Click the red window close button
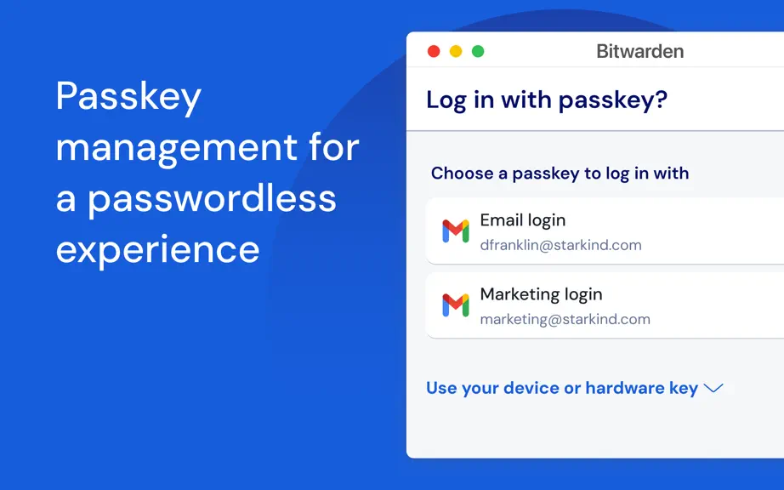coord(434,51)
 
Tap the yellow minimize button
coord(456,51)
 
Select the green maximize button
coord(478,51)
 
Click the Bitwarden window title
coord(640,51)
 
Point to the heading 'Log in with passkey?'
coord(547,100)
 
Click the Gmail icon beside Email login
coord(456,231)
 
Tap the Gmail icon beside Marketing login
coord(456,305)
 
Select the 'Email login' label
coord(522,220)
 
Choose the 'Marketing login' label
coord(541,294)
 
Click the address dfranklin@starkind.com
coord(560,245)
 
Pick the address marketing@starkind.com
coord(565,319)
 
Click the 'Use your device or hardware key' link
coord(562,388)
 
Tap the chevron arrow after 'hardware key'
coord(713,388)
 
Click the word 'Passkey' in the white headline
coord(128,97)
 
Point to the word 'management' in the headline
coord(177,149)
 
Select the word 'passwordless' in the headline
coord(212,200)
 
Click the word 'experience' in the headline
coord(157,251)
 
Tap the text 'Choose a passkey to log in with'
coord(560,174)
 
